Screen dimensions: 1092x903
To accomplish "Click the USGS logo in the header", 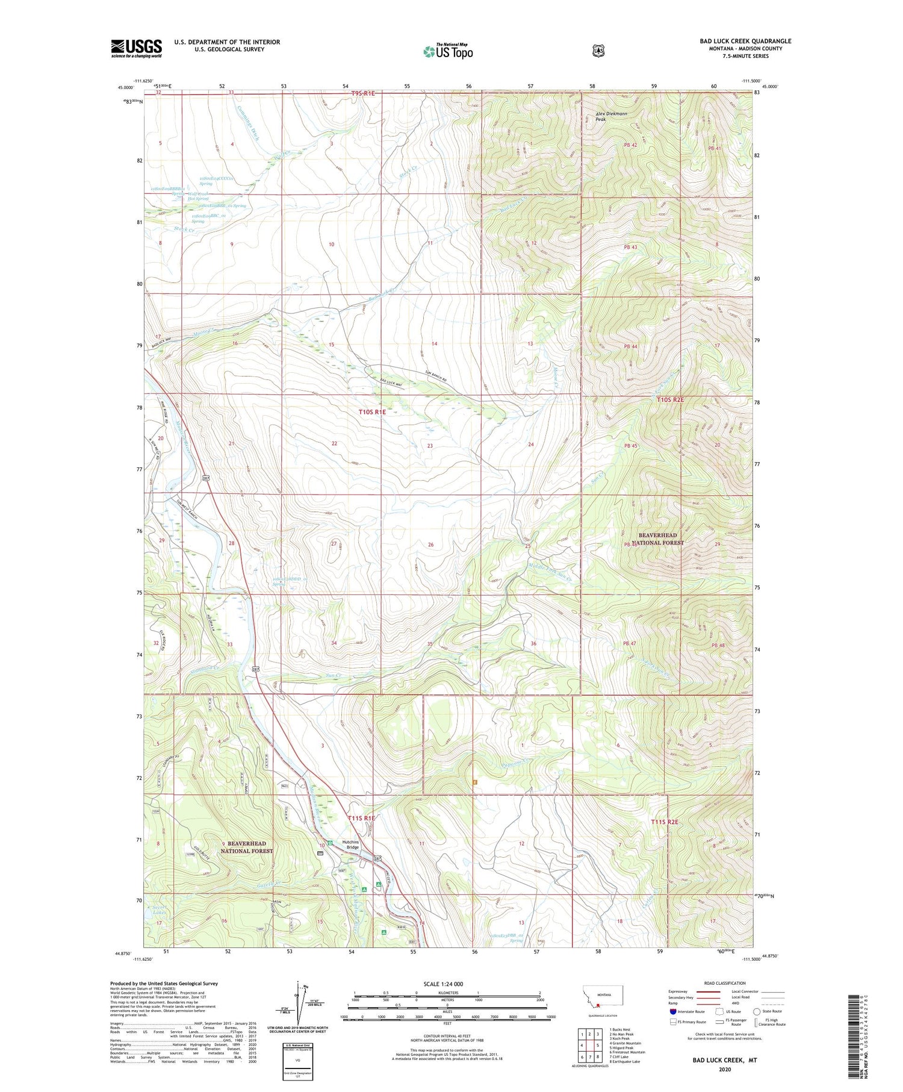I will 137,48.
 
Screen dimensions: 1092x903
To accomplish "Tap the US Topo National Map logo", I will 448,51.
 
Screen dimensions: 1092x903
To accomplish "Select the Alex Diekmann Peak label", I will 611,116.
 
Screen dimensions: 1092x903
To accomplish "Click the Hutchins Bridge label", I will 350,844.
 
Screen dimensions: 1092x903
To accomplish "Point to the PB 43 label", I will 630,247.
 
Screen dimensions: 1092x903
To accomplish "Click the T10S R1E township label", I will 371,412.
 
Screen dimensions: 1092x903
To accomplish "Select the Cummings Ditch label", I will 248,125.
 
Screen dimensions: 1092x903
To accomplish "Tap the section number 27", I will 334,543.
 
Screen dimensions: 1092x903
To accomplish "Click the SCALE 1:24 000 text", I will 443,984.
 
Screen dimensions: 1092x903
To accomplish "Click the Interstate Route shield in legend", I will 672,1011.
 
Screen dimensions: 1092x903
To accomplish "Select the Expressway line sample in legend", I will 708,991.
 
